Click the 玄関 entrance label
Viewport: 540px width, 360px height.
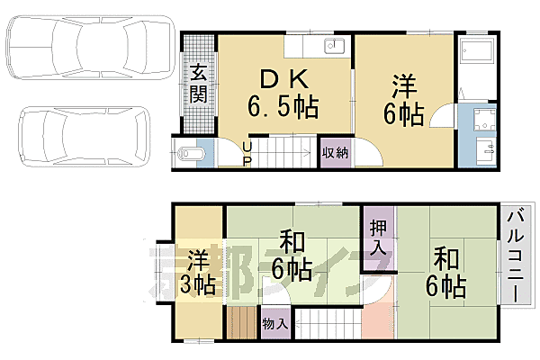click(x=198, y=85)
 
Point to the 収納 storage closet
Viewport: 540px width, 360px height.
click(x=335, y=153)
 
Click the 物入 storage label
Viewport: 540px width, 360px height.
click(x=275, y=323)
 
